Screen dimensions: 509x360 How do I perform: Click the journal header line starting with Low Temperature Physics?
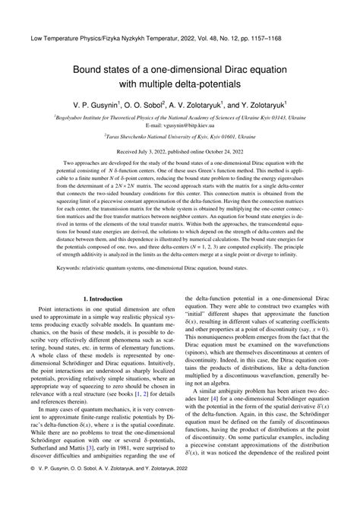(x=180, y=36)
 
